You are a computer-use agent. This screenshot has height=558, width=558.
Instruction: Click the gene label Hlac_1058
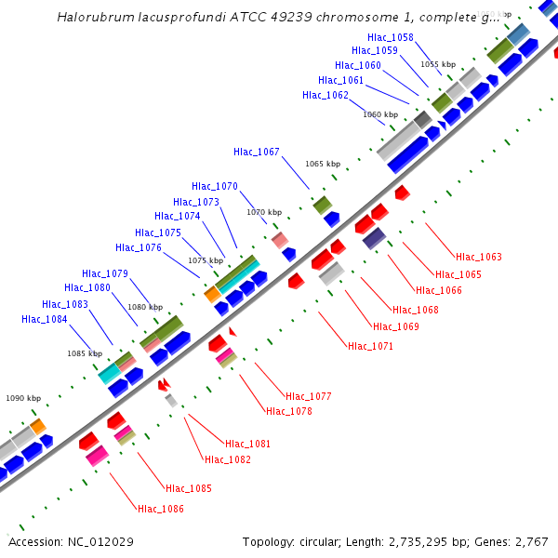391,37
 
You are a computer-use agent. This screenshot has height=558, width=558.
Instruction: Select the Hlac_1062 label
325,95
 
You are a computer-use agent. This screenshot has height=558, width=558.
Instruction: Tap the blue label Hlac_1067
256,152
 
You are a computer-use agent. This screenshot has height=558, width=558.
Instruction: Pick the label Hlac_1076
139,247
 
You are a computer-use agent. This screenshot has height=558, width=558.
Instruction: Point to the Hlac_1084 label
45,319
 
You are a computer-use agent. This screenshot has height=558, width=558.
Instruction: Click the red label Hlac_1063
478,257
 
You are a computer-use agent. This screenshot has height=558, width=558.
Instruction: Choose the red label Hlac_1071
370,346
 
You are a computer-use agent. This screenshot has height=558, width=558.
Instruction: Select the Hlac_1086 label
161,509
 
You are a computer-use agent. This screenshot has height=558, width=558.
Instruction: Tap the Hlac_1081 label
247,444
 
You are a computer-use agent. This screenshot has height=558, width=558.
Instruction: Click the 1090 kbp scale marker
23,398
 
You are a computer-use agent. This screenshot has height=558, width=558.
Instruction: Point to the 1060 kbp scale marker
379,114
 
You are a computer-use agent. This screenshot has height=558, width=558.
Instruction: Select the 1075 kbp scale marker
206,260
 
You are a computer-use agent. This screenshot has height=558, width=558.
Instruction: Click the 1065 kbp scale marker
322,164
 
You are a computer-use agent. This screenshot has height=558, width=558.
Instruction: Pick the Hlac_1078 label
288,411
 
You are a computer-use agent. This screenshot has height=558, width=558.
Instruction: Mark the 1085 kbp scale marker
84,353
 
